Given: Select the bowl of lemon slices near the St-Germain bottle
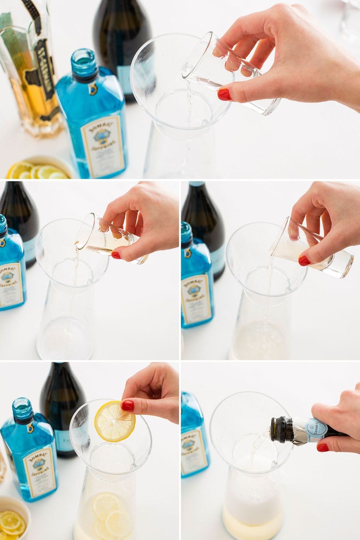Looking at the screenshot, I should tap(39, 169).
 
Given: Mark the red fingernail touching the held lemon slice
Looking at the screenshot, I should tap(127, 406).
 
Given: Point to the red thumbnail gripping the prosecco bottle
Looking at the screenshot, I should tap(323, 447).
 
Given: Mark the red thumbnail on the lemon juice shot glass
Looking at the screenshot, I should tap(304, 261).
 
